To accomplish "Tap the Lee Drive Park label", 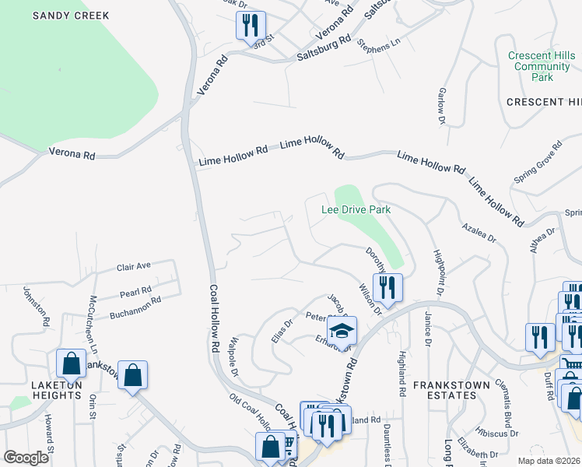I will pos(356,209).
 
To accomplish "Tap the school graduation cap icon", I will pos(342,330).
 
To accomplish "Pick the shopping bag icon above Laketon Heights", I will pos(72,363).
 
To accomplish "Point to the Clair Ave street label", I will pos(133,266).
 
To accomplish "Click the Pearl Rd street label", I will pos(135,293).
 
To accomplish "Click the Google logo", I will pos(26,457).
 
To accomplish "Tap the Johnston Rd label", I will pos(36,307).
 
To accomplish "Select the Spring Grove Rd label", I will pos(538,163).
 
